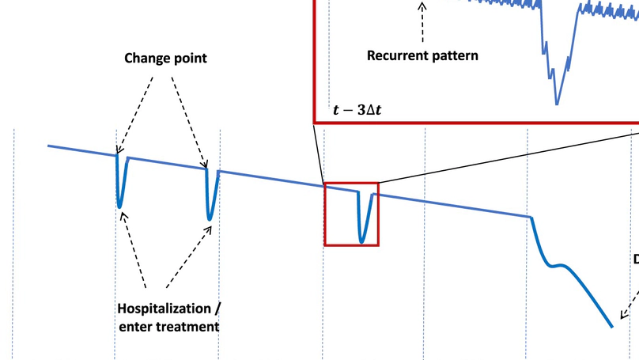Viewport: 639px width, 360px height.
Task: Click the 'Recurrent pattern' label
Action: (423, 56)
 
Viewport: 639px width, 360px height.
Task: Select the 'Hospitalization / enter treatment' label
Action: (168, 316)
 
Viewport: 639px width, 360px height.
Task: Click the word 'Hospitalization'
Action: (164, 308)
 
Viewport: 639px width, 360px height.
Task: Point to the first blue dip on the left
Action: (119, 206)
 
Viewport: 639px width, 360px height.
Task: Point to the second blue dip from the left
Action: (210, 218)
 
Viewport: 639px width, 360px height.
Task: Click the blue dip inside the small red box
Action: (361, 240)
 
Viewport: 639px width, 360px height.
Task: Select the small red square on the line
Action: (351, 214)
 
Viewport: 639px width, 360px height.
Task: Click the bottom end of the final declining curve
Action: (611, 325)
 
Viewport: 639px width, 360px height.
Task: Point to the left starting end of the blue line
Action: (49, 146)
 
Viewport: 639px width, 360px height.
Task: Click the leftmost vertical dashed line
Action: (13, 237)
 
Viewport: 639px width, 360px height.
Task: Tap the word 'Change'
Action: (145, 59)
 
